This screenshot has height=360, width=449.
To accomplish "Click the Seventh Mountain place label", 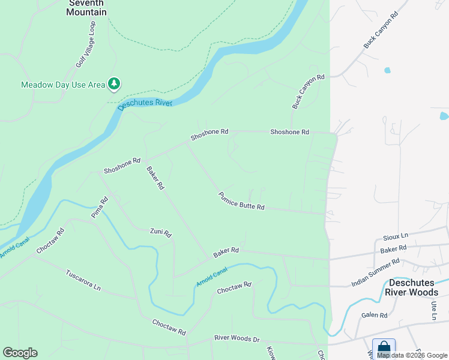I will (x=86, y=8).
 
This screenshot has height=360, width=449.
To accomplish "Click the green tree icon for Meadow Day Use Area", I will (x=114, y=83).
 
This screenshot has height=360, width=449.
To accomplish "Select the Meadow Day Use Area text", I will (x=63, y=85).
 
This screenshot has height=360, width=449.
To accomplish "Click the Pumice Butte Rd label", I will (x=241, y=201).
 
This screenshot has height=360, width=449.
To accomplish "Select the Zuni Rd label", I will (x=161, y=232).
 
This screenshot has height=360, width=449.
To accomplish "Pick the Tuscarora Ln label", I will (x=83, y=279).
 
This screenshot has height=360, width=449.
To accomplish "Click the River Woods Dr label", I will (x=237, y=339).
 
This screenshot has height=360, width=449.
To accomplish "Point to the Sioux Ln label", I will (x=396, y=236).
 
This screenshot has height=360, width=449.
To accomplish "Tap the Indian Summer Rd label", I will (x=375, y=273).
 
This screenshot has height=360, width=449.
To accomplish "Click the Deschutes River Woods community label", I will (x=414, y=287).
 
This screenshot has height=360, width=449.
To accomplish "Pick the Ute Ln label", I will (x=433, y=311).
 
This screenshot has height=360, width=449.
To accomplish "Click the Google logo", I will (x=20, y=353).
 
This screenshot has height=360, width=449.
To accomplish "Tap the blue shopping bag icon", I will (x=384, y=347).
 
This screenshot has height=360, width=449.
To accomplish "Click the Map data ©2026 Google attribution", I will (x=412, y=355).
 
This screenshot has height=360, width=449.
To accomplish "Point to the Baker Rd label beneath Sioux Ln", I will (x=393, y=248).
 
